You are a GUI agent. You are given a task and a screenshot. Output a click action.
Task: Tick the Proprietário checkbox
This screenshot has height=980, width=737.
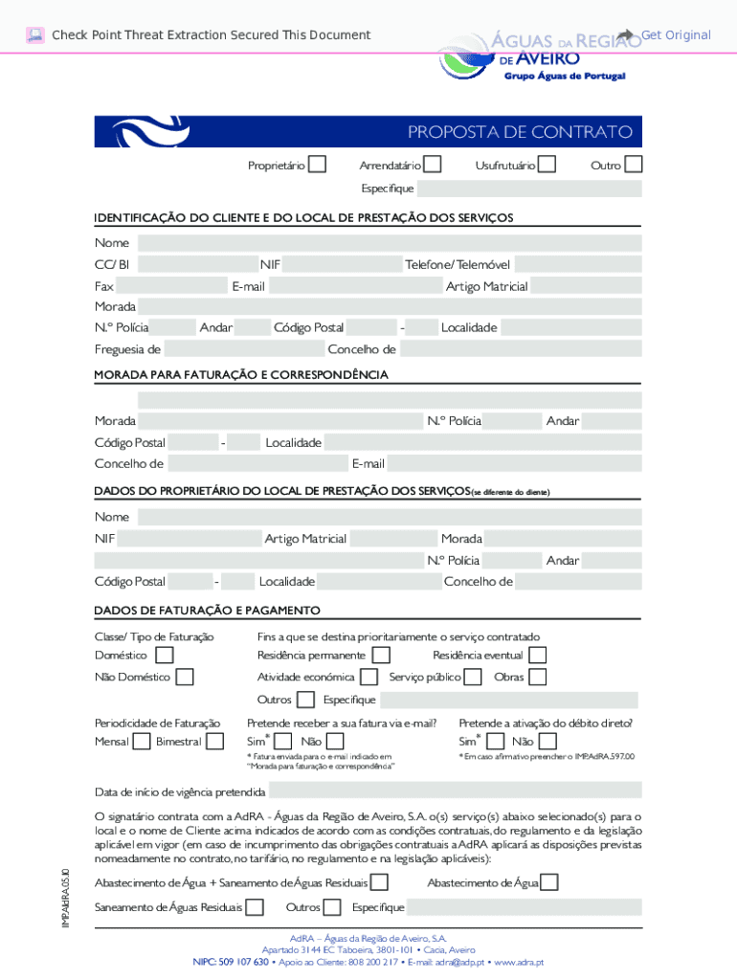pos(317,166)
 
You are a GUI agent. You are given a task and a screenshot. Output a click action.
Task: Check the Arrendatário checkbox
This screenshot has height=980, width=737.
pos(433,166)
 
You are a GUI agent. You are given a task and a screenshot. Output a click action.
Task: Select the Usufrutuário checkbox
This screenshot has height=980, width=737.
pos(547,166)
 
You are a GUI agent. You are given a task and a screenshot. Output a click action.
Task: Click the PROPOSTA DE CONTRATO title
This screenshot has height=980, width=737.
pos(520,132)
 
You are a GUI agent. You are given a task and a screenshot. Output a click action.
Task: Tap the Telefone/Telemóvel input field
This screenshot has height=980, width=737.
pos(578,264)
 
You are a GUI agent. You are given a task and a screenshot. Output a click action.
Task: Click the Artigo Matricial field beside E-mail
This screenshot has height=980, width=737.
pos(586,286)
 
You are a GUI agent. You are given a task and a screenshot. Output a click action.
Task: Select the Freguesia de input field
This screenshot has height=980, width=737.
pos(243,349)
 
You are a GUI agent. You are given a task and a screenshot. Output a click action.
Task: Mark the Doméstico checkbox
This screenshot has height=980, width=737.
pos(165,656)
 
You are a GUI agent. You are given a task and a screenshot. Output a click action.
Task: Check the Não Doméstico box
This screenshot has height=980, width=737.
pos(185,678)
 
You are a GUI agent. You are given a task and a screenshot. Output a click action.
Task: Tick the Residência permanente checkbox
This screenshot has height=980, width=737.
pos(381,656)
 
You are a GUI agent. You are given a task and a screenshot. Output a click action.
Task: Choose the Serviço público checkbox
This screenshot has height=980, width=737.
pos(473,678)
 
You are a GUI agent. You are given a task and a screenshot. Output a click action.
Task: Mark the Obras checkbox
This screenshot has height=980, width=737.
pos(537,678)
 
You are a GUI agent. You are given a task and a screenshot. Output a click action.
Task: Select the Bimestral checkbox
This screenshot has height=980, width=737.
pos(215,742)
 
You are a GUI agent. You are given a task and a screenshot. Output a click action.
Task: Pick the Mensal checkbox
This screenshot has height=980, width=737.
pos(142,742)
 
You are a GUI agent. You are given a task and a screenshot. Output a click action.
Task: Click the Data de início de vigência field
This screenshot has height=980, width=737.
pos(455,791)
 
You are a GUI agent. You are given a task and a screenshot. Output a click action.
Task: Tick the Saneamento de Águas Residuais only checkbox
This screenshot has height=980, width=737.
pos(256,907)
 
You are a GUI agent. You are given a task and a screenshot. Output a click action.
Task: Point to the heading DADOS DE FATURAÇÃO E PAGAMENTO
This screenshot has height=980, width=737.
pos(207,611)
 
